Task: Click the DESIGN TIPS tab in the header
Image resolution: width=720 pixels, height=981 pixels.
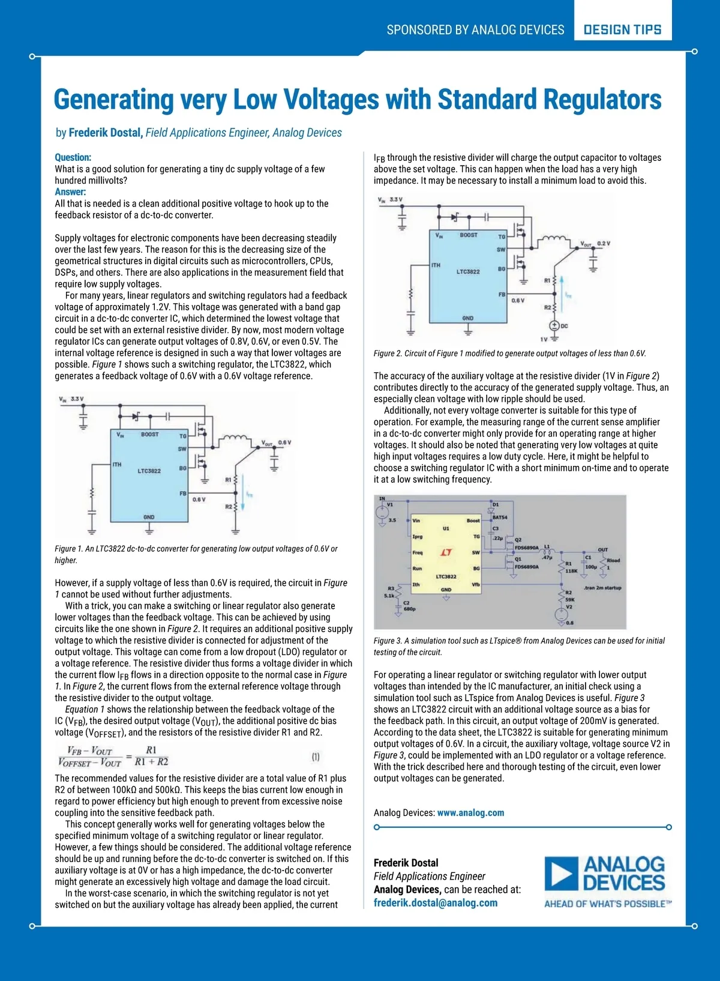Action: coord(622,29)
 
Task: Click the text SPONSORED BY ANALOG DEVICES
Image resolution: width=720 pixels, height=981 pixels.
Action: coord(475,30)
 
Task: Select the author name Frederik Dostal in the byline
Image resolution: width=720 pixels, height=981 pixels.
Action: coord(105,133)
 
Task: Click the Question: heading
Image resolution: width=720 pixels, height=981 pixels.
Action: coord(73,157)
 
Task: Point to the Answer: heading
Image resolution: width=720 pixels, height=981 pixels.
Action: coord(70,192)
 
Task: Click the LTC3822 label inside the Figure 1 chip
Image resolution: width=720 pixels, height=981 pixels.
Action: coord(149,471)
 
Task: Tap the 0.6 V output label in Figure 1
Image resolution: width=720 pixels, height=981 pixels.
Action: coord(284,442)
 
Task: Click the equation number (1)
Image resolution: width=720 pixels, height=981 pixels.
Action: coord(316,757)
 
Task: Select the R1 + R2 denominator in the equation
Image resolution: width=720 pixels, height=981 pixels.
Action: coord(151,762)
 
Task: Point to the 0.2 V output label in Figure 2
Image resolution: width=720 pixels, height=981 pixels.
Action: coord(603,243)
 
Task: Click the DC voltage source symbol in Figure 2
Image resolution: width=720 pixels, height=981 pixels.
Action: coord(555,325)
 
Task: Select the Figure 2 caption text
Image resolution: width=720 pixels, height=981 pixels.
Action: coord(509,354)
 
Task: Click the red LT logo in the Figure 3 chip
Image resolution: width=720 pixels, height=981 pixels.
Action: coord(446,552)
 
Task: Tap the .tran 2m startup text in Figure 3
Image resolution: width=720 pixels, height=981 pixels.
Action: coord(601,588)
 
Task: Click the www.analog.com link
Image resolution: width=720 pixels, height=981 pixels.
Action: coord(470,813)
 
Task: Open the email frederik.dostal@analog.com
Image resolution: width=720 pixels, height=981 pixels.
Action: coord(435,903)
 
